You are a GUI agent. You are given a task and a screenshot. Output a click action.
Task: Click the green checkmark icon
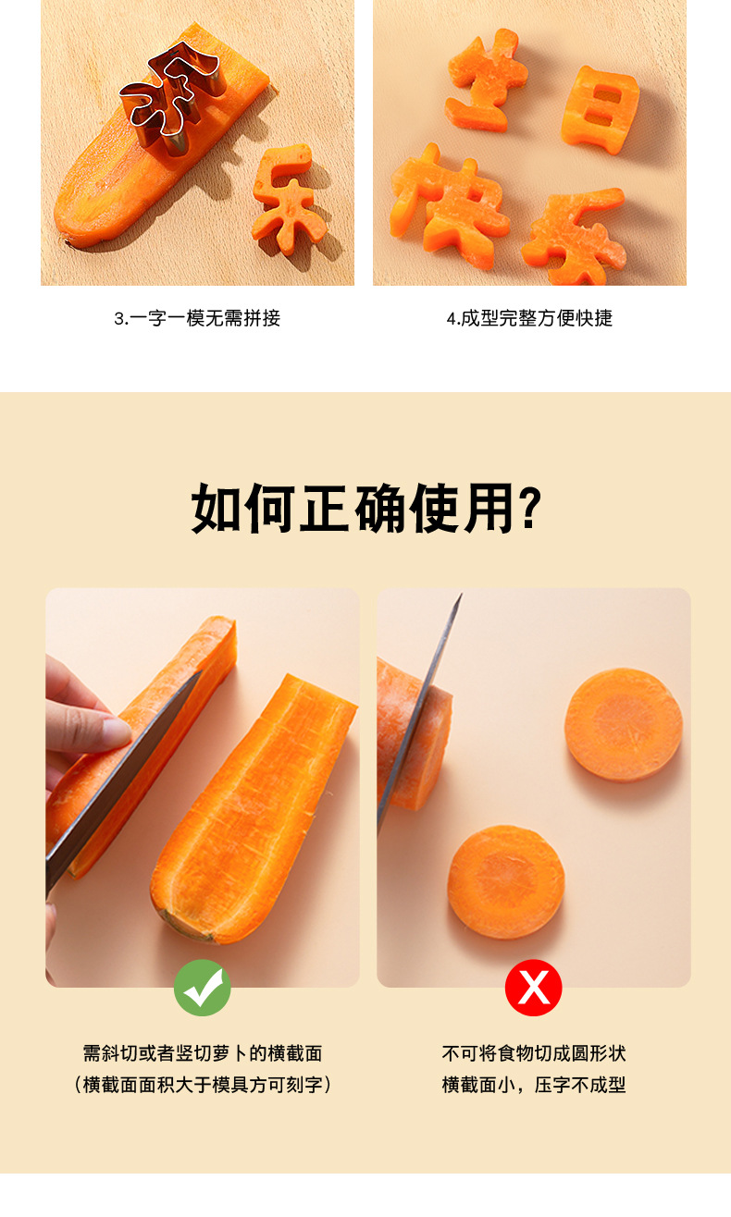202,988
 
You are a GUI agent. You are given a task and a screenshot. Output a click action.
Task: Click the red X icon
533,988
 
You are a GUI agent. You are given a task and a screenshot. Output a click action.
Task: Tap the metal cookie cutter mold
174,97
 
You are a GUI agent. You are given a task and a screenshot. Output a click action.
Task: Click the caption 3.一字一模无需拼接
197,318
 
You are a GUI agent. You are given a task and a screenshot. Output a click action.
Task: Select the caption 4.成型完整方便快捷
529,318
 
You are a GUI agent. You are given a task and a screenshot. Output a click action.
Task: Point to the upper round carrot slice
624,725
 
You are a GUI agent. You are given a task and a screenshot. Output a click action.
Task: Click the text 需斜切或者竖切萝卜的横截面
202,1053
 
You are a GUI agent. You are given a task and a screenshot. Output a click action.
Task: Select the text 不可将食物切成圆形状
533,1053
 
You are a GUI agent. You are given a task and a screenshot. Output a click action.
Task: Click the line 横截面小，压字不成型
533,1085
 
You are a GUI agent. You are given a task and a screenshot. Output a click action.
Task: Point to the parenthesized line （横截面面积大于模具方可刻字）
202,1085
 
